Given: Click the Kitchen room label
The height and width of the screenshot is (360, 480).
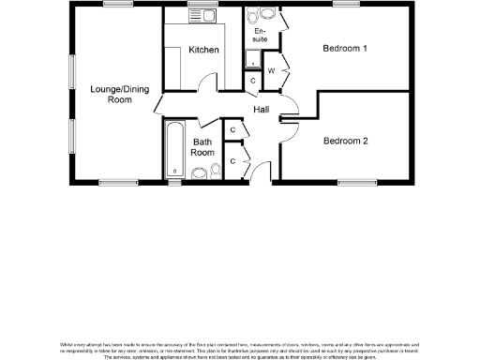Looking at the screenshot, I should click(203, 49).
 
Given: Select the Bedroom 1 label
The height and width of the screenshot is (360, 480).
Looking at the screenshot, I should click(345, 48).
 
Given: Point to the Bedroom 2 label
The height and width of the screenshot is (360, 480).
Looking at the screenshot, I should click(345, 142).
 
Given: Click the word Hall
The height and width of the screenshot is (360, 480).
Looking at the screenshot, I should click(262, 110).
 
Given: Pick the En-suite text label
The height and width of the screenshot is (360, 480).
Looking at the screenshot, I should click(260, 36).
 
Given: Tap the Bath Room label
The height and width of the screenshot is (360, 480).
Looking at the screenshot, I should click(203, 146).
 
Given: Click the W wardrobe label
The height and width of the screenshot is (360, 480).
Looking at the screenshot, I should click(272, 70).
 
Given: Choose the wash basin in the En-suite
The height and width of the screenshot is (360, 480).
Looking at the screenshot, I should click(250, 15).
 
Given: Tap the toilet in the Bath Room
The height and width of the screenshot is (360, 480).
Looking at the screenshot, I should click(200, 172).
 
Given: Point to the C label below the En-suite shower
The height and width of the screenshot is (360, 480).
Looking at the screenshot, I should click(252, 82).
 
